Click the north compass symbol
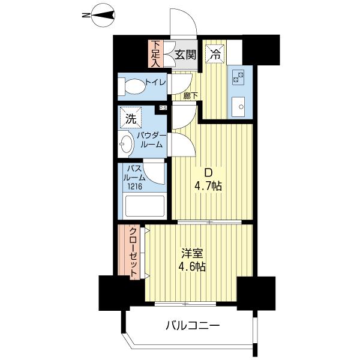103,16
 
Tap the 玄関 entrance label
186,55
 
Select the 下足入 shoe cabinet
156,54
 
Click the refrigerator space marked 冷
215,54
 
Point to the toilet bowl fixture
132,86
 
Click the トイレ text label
156,82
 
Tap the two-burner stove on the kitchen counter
238,77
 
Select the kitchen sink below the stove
238,107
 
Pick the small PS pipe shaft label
163,107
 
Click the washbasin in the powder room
126,144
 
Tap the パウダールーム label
152,140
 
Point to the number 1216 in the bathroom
135,186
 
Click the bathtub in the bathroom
145,206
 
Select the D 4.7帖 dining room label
208,179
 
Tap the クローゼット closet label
134,252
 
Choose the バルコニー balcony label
193,325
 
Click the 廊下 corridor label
191,96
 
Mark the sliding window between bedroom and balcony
185,304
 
